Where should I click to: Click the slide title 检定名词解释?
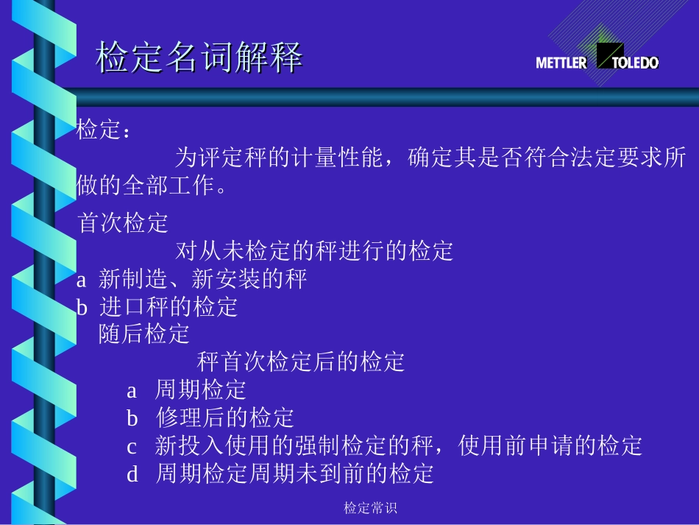point(199,57)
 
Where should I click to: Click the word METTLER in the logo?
point(561,63)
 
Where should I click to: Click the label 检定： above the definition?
point(104,131)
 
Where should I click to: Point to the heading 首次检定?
point(123,223)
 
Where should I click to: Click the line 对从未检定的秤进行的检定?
point(314,251)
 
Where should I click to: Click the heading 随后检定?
point(144,334)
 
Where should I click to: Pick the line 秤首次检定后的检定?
point(301,362)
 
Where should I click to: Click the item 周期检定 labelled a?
point(200,390)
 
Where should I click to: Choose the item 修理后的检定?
point(225,418)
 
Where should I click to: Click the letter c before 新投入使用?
point(132,446)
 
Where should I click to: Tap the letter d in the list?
point(132,474)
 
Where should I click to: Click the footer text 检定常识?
point(371,508)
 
